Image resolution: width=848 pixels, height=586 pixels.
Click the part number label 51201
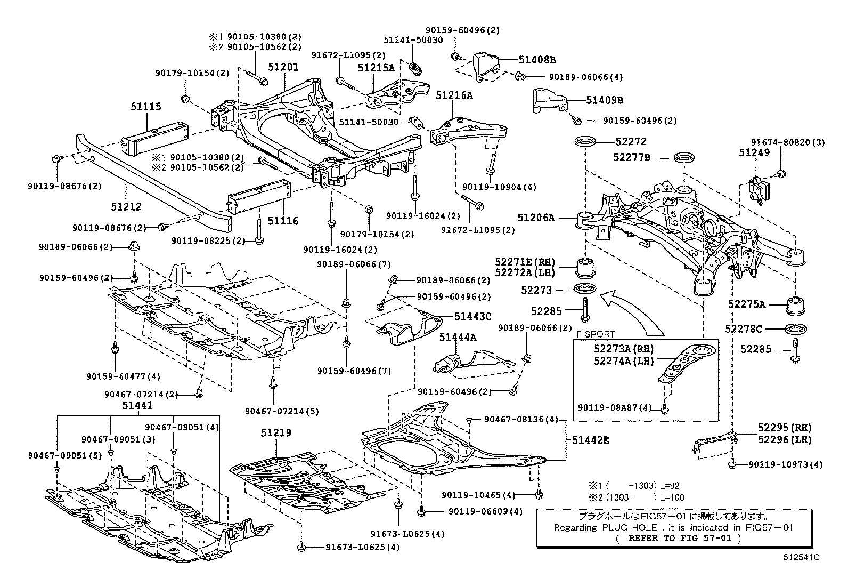pos(283,67)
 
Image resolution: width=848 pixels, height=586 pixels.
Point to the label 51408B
pos(536,60)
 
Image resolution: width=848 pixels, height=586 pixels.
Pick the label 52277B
pos(631,158)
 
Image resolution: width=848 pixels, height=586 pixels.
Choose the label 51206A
pos(535,218)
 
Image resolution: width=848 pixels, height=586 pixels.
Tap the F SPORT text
pos(596,334)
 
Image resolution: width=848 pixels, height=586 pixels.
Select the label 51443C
pos(472,316)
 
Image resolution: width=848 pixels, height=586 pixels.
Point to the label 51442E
pos(590,440)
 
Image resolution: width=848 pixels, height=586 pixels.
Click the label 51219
pos(276,432)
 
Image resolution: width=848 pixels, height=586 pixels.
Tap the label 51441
pos(137,405)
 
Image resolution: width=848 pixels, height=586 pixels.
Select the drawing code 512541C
pos(801,558)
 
